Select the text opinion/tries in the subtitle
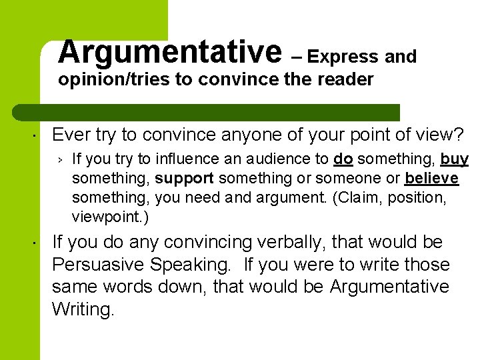click(114, 80)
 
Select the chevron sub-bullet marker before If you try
click(59, 159)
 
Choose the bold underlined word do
click(343, 159)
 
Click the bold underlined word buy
click(455, 159)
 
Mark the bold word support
click(185, 179)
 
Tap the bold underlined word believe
click(431, 179)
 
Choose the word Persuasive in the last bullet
click(100, 265)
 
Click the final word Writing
click(83, 309)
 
